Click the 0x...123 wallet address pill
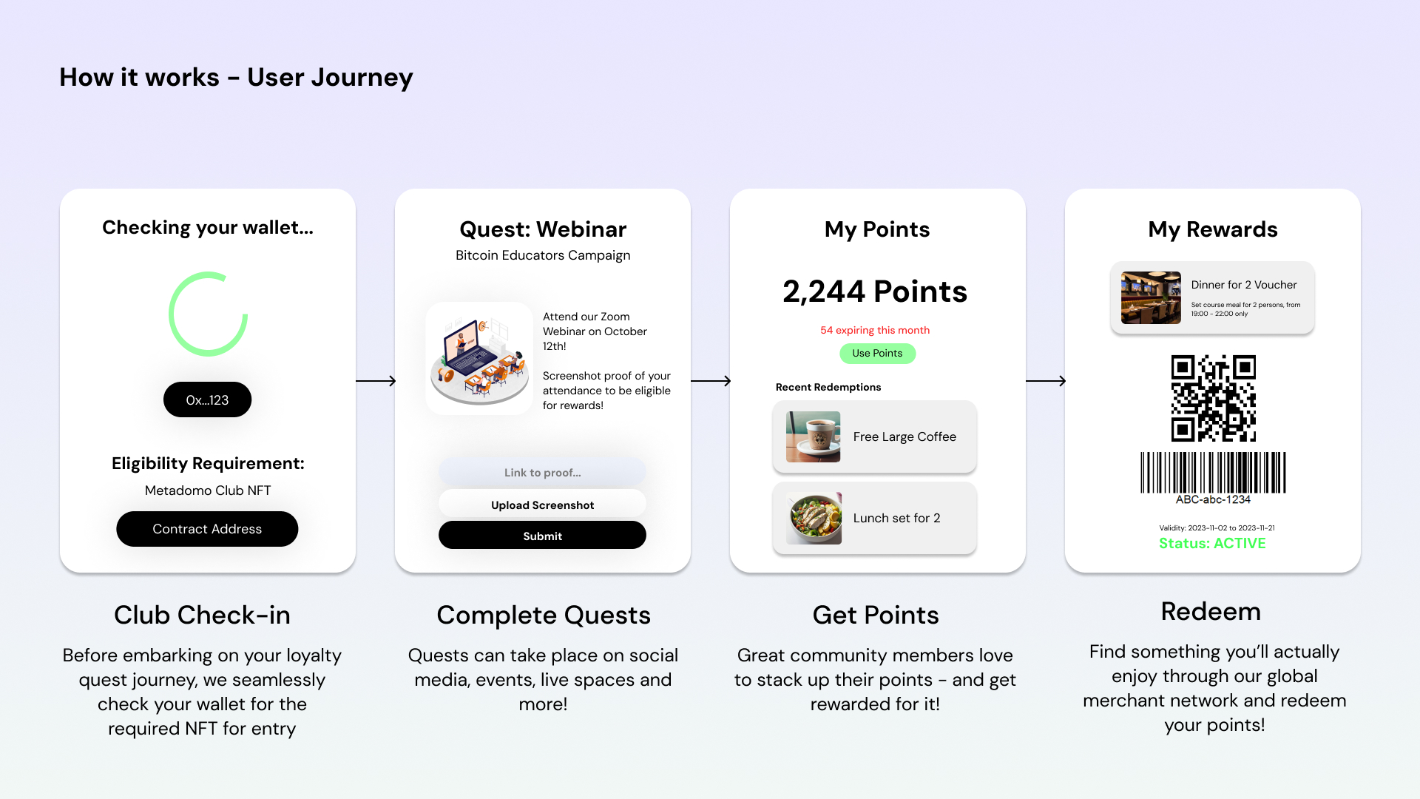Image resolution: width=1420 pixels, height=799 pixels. (207, 399)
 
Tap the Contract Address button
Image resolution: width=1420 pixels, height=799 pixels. (207, 529)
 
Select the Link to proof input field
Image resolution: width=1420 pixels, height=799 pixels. (542, 472)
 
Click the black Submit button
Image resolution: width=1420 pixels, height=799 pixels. (542, 536)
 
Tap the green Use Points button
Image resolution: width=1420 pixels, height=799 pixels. (877, 353)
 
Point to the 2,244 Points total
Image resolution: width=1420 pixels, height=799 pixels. (875, 291)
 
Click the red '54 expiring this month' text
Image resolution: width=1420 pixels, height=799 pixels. (875, 330)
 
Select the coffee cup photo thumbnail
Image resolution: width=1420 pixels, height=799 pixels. (814, 436)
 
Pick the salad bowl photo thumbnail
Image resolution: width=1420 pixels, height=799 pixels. (814, 518)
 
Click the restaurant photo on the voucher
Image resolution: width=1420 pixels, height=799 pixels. (1151, 297)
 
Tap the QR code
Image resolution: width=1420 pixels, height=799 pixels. (1213, 398)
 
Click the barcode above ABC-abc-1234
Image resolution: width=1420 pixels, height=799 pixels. (1213, 473)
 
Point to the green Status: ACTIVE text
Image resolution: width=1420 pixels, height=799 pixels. (1212, 543)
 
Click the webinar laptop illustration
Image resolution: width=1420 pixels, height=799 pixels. (479, 358)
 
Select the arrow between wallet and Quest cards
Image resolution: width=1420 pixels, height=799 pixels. (376, 381)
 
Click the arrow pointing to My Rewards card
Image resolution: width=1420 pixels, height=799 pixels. (1046, 381)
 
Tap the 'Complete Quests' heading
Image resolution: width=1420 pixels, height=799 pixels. (544, 615)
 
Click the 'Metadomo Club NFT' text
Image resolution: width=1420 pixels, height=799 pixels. (208, 490)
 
